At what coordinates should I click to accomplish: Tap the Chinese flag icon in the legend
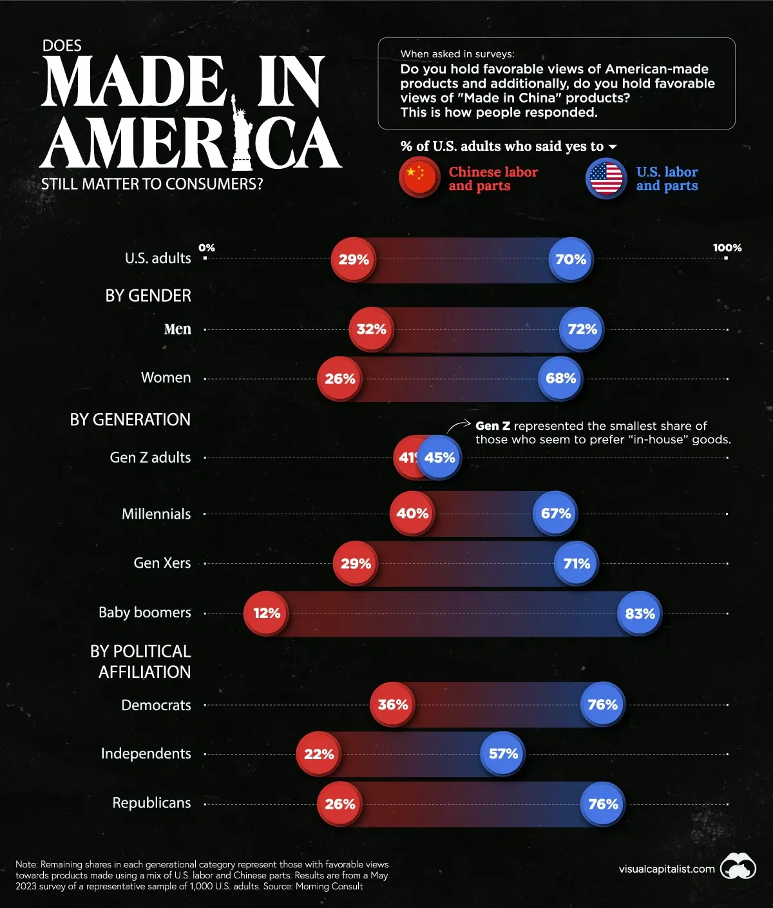click(419, 179)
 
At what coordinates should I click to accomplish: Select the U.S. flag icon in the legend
click(606, 179)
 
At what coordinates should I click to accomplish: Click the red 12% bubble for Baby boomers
click(266, 613)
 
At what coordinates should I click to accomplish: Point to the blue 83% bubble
click(640, 613)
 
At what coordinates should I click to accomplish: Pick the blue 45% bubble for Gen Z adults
click(440, 458)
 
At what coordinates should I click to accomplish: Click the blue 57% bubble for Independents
click(503, 754)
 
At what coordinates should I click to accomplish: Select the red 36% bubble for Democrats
click(392, 705)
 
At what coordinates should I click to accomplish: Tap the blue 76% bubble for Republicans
click(603, 804)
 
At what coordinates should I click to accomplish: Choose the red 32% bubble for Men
click(371, 329)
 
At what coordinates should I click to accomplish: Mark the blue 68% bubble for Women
click(560, 378)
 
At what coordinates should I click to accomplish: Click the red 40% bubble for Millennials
click(412, 514)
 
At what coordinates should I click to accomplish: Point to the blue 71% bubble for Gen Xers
click(577, 563)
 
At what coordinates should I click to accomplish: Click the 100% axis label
click(727, 248)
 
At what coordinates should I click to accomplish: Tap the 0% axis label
click(207, 248)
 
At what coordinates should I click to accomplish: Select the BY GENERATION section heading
click(130, 420)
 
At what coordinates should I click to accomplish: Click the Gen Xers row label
click(162, 563)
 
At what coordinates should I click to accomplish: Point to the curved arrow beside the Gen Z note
click(458, 426)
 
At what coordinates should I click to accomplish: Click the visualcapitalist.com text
click(666, 869)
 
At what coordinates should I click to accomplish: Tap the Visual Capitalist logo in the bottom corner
click(738, 867)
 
